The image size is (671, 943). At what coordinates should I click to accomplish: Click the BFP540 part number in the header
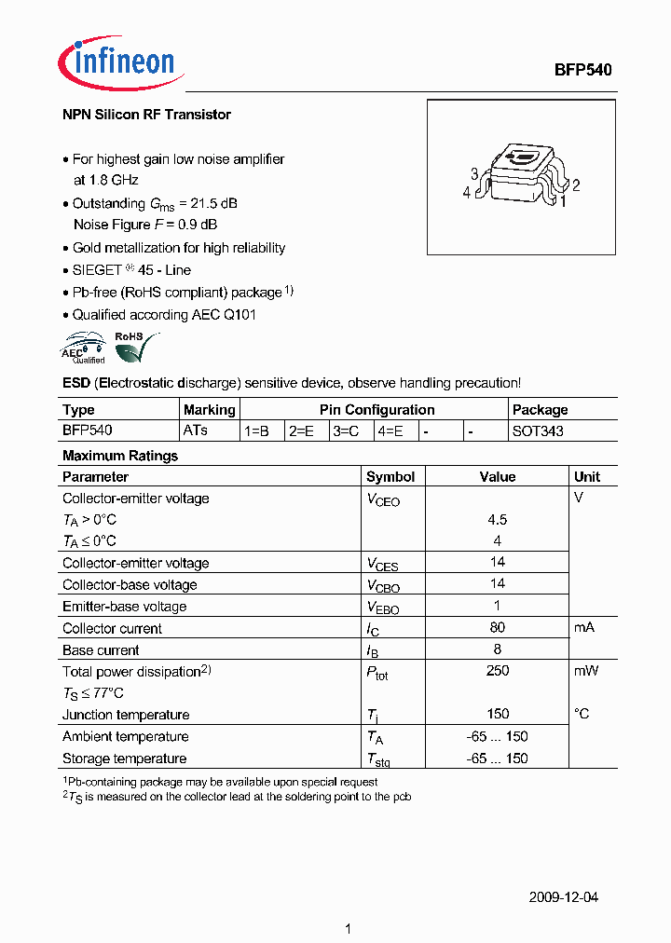tap(583, 70)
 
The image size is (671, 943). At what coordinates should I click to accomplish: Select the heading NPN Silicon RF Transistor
tap(146, 115)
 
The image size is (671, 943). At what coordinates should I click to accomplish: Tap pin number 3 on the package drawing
tap(474, 174)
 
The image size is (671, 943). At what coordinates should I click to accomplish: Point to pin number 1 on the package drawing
tap(563, 200)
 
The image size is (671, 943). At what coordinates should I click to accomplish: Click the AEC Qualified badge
tap(84, 348)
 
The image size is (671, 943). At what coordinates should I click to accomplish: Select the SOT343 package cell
tap(538, 431)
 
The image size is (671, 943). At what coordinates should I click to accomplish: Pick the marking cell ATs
tap(196, 431)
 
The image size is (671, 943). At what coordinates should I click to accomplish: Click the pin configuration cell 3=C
tap(346, 431)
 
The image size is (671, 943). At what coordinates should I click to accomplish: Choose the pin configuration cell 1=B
tap(257, 431)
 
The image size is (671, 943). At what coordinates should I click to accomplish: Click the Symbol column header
tap(390, 476)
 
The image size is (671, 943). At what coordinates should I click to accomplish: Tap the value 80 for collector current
tap(498, 628)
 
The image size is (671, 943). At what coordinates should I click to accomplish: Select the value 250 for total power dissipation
tap(498, 671)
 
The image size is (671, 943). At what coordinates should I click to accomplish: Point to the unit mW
tap(586, 671)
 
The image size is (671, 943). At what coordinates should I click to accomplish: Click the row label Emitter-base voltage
tap(124, 607)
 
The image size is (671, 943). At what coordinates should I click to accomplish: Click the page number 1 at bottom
tap(348, 928)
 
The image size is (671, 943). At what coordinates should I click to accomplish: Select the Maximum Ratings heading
tap(119, 456)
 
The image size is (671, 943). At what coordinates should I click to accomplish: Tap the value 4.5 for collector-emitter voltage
tap(498, 520)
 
